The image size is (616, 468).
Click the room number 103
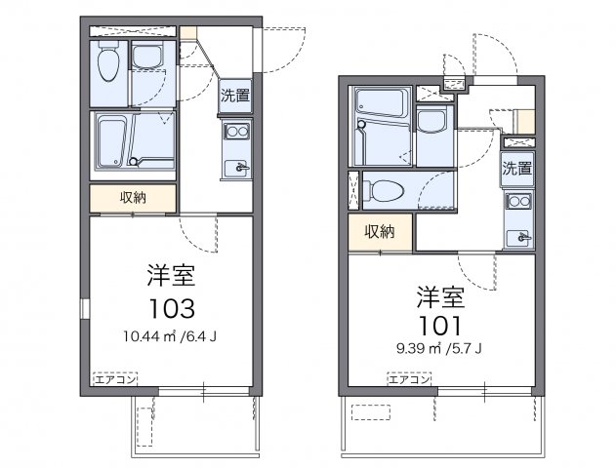coord(173,308)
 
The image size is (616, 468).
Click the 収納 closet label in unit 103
coord(134,198)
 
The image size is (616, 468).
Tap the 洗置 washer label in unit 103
coord(234,96)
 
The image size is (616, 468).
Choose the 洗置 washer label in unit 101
coord(518,168)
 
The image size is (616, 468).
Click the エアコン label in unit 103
coord(112,376)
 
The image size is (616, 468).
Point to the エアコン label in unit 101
coord(409,379)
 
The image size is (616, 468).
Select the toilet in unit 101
coord(384,189)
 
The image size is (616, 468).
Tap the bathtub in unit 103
coord(110,142)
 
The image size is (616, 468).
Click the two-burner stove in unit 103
coord(235,133)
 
